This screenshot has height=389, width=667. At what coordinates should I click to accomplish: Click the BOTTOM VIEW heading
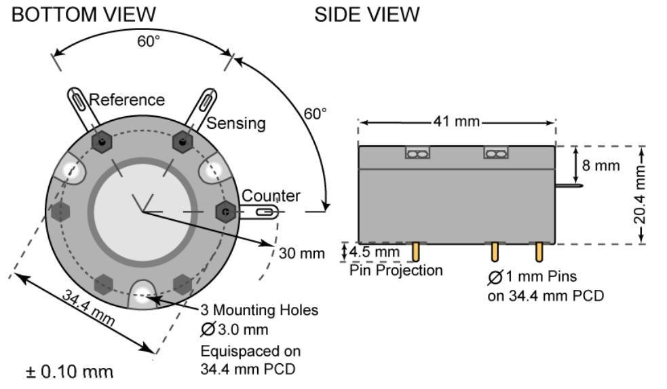pyautogui.click(x=84, y=14)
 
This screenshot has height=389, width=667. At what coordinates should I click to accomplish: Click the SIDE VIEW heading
pyautogui.click(x=366, y=14)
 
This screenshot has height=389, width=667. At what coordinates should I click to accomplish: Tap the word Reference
pyautogui.click(x=127, y=100)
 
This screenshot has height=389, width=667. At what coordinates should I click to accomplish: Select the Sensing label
pyautogui.click(x=236, y=123)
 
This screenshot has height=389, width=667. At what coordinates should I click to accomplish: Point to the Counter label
pyautogui.click(x=271, y=196)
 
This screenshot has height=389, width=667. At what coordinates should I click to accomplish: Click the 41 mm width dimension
pyautogui.click(x=457, y=122)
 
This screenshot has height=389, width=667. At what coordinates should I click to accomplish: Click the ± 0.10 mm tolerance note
pyautogui.click(x=70, y=372)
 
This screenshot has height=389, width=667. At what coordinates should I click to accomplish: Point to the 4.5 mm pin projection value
pyautogui.click(x=374, y=253)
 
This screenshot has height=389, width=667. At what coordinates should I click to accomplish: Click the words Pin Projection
pyautogui.click(x=396, y=270)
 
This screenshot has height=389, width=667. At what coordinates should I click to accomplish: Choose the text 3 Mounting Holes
pyautogui.click(x=259, y=310)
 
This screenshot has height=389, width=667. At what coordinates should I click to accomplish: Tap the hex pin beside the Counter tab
pyautogui.click(x=224, y=212)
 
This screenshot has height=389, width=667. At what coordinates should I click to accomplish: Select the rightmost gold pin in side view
pyautogui.click(x=539, y=251)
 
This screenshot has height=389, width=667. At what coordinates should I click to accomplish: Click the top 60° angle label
pyautogui.click(x=149, y=41)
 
